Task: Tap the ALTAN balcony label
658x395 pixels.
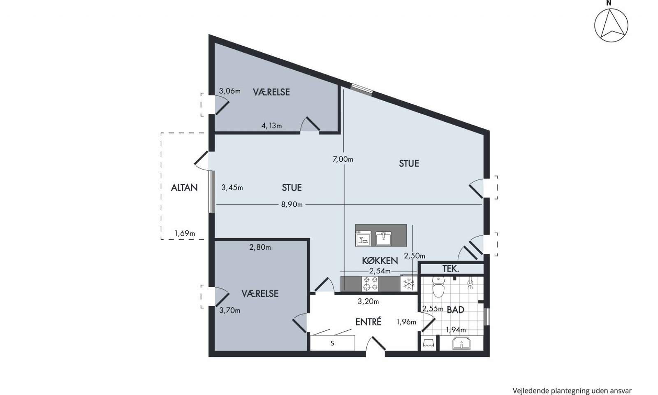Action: [184, 188]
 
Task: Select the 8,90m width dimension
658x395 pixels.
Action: [292, 204]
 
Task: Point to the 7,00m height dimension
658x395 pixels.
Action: [343, 159]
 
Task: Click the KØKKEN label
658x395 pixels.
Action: [380, 260]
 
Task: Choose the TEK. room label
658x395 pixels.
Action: [451, 269]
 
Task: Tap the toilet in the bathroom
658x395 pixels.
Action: [439, 287]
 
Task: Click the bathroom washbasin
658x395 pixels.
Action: [461, 343]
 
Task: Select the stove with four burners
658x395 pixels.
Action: [370, 283]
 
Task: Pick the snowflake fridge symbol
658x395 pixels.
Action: [409, 284]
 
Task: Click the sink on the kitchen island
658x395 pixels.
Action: [383, 238]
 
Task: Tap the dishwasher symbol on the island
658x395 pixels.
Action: [364, 238]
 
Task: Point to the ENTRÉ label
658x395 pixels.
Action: [368, 322]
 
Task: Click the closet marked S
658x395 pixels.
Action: [333, 343]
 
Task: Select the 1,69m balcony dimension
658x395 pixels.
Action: [185, 234]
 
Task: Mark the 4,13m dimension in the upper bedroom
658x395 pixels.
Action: [272, 126]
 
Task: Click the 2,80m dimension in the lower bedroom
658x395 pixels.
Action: [260, 247]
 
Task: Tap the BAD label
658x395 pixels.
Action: [455, 310]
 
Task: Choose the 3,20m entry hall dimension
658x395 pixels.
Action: [368, 302]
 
